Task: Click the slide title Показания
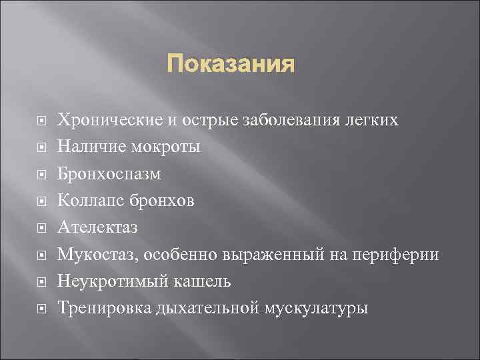point(230,65)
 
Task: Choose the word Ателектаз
point(97,228)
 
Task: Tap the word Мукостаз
point(91,255)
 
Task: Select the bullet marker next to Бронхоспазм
point(41,175)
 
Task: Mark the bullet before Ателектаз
point(41,229)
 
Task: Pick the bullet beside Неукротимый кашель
point(41,282)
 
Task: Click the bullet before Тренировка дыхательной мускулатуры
point(41,309)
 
